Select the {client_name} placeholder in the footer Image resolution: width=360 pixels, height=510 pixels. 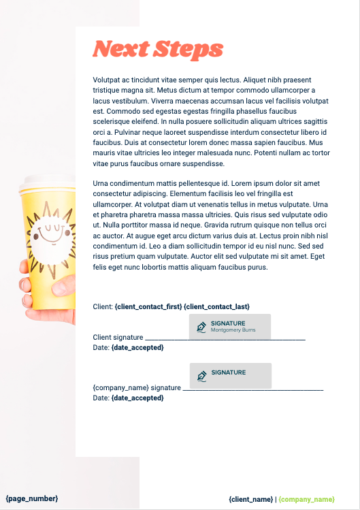tap(251, 499)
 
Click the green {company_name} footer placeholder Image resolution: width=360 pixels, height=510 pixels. tap(306, 499)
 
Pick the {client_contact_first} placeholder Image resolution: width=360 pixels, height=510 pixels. tap(148, 307)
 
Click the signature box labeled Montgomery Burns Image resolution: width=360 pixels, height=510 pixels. tap(229, 326)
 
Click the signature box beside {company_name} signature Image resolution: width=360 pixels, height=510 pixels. tap(230, 375)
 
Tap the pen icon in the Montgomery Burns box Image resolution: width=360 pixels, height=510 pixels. tap(201, 327)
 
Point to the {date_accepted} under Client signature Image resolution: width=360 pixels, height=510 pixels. tap(137, 347)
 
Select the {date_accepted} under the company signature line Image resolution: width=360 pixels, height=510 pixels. tap(137, 398)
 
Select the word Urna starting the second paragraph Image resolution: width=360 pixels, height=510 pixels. tap(101, 184)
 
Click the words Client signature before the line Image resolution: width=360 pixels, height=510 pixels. tap(118, 337)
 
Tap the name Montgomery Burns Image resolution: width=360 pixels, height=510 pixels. tap(232, 330)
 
